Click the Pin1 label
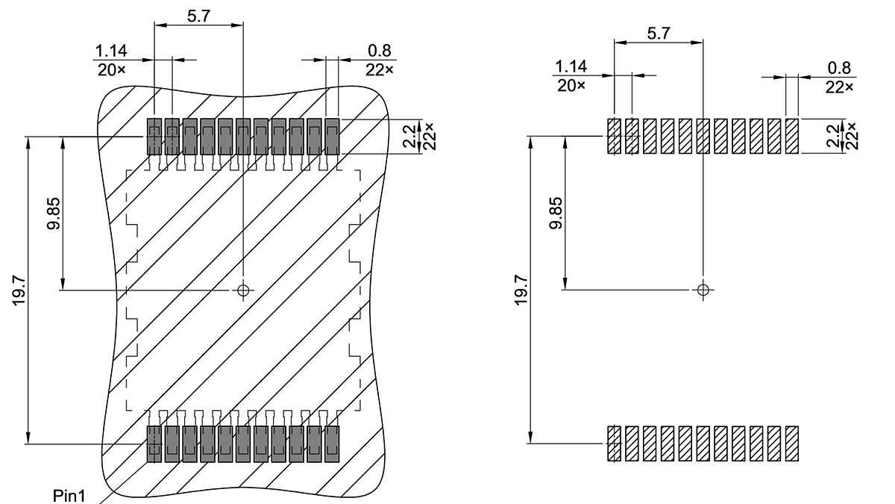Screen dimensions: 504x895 coord(69,496)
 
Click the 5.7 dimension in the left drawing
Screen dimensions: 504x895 coord(198,16)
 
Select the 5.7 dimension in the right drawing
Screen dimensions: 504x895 coord(658,33)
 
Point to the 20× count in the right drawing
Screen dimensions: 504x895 coord(571,85)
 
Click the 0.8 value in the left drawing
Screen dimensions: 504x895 coord(380,52)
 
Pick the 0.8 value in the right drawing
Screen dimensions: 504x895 coord(839,68)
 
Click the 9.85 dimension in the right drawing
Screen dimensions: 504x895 coord(556,213)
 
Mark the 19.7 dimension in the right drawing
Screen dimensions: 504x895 coord(521,289)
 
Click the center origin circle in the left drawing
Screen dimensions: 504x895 coord(243,290)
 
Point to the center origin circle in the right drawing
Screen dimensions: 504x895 coord(702,289)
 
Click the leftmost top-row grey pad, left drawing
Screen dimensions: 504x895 coord(154,136)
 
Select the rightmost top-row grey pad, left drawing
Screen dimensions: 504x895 coord(332,136)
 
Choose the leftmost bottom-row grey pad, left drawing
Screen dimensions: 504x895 coord(154,444)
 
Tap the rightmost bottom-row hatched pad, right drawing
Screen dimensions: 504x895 coord(792,444)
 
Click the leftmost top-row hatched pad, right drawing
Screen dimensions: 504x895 coord(614,136)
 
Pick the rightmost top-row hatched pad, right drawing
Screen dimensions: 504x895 coord(792,136)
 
